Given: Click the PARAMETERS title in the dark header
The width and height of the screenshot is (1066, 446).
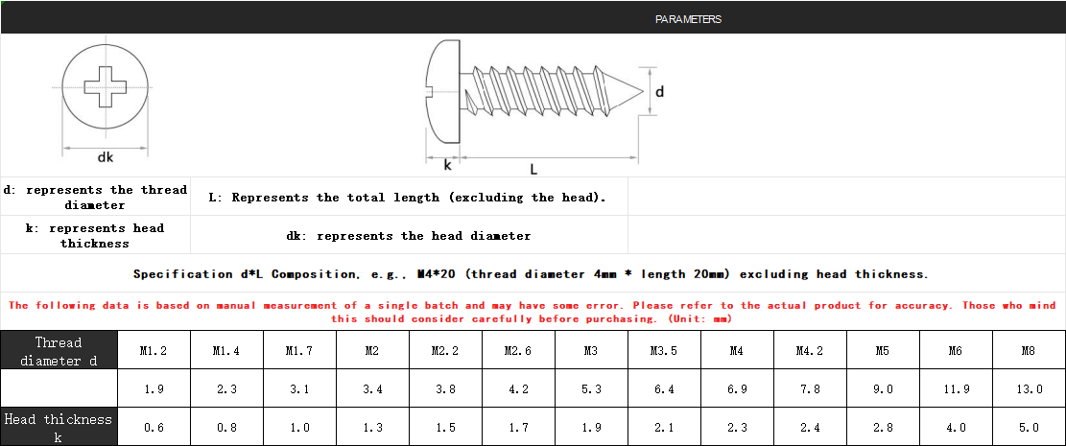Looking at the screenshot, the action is pyautogui.click(x=688, y=19).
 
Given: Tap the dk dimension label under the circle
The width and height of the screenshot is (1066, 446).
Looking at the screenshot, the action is pyautogui.click(x=105, y=157).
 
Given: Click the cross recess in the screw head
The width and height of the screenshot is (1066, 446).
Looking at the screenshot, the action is pyautogui.click(x=106, y=86).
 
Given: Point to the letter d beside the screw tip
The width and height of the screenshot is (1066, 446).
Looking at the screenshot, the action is pyautogui.click(x=659, y=91).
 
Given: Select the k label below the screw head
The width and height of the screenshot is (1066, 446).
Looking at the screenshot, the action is pyautogui.click(x=447, y=165).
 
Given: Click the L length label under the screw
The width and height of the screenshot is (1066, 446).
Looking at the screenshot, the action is pyautogui.click(x=533, y=168).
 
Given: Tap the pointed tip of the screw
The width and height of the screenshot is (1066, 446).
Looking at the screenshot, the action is pyautogui.click(x=643, y=91).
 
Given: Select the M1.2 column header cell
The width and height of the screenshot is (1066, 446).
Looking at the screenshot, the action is pyautogui.click(x=154, y=351).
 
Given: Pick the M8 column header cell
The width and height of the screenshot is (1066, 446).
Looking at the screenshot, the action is pyautogui.click(x=1030, y=351).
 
